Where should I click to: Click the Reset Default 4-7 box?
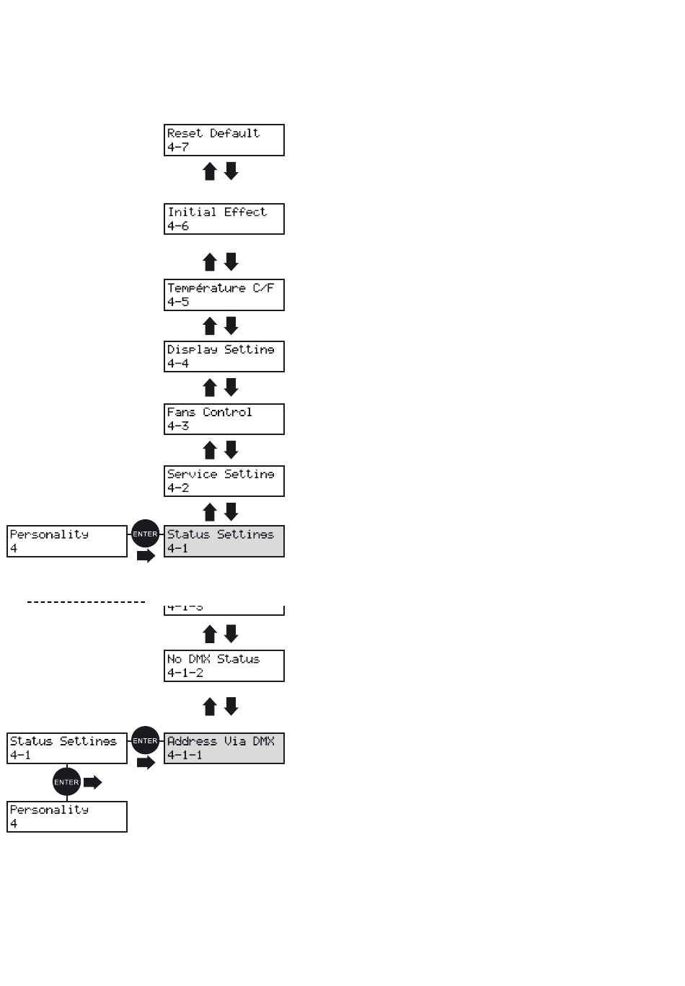coord(224,140)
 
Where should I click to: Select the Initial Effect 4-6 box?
coord(224,219)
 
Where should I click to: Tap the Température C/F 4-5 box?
coord(224,295)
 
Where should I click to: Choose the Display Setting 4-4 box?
coord(224,357)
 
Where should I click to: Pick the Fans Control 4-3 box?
coord(224,419)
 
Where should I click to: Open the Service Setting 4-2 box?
coord(224,481)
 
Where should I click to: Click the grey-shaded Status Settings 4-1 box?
coord(224,541)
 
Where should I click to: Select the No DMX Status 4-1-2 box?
coord(224,665)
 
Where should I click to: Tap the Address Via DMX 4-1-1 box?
coord(224,748)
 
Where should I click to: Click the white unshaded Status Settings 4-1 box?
coord(67,748)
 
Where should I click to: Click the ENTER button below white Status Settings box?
coord(66,782)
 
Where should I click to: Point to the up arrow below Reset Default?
coord(210,171)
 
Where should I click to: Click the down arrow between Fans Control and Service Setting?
coord(231,450)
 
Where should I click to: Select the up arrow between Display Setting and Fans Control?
coord(210,388)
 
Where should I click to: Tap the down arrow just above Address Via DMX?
coord(231,707)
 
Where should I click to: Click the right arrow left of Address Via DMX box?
coord(146,762)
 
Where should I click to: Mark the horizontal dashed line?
coord(87,601)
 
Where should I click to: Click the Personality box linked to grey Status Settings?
coord(67,541)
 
